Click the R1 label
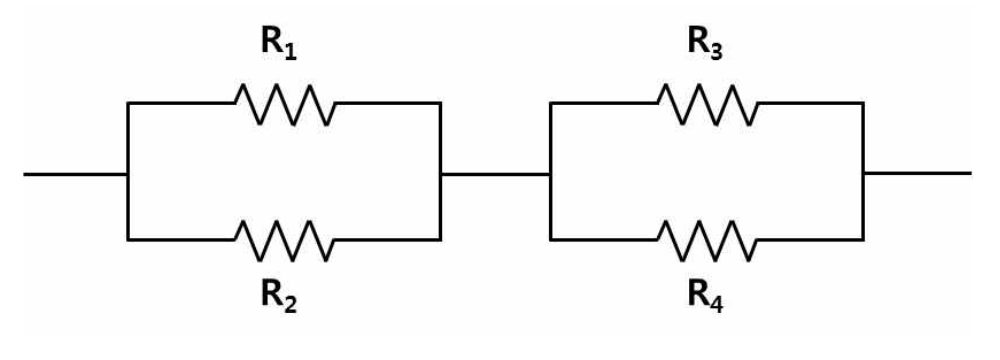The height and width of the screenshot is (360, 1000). coord(279,45)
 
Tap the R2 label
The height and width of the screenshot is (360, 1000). coord(279,296)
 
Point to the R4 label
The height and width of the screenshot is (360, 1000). coord(704,296)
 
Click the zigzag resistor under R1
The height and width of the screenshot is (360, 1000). coord(284,103)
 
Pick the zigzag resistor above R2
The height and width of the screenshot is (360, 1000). coord(284,240)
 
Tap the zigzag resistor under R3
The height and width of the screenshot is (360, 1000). coord(708,103)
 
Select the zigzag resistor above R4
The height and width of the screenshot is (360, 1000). coord(708,240)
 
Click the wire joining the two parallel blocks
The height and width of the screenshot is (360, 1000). coord(495,173)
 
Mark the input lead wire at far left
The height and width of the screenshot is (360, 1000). coord(76,174)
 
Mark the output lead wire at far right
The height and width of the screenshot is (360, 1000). coord(917,173)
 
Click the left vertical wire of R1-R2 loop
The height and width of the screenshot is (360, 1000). coord(128,171)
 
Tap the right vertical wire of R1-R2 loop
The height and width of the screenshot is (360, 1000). coord(440,171)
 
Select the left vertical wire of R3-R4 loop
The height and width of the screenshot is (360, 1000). coord(550,171)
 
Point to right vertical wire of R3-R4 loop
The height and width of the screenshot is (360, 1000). coord(864,171)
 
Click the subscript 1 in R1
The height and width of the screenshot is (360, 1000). coord(290,51)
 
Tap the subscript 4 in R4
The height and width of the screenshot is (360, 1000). coord(716,303)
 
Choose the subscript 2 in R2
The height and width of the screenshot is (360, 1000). coord(291,303)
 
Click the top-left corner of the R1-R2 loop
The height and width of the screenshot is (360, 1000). coord(128,102)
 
